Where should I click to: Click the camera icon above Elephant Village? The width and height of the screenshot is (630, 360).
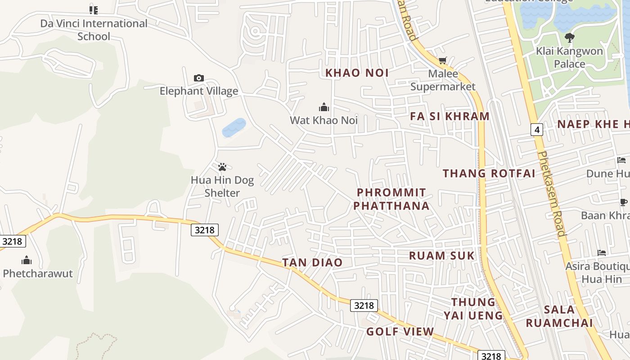coord(198,78)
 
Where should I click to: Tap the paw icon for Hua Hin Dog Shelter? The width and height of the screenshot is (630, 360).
coord(222,167)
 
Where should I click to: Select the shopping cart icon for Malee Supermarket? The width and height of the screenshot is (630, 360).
coord(443,61)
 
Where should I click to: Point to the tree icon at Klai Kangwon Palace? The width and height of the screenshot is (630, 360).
coord(569,38)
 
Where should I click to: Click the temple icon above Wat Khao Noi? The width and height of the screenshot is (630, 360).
coord(324,107)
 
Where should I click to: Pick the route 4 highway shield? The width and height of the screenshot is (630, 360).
coord(536,130)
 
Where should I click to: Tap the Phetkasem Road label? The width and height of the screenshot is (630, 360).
coord(551,193)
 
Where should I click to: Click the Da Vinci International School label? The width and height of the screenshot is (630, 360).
coord(94,30)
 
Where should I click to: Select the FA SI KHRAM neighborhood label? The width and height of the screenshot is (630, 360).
coord(450,116)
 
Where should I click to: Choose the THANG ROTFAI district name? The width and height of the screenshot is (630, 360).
coord(489,173)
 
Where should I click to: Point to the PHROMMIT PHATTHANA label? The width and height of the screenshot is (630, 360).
coord(391,199)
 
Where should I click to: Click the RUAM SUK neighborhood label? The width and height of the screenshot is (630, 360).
coord(441,256)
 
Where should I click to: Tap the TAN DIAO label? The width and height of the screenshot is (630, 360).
coord(312,262)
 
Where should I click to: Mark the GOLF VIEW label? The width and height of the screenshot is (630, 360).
coord(400,332)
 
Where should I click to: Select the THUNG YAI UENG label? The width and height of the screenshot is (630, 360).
coord(473,308)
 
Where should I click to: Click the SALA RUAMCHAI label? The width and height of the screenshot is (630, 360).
coord(559,316)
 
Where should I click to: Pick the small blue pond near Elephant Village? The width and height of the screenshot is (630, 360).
coord(234,128)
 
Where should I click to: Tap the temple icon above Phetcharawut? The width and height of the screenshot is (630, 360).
coord(27,260)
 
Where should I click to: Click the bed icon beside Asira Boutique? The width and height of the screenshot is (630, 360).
coord(602,253)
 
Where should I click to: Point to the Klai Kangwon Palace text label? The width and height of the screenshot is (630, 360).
coord(569,57)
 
